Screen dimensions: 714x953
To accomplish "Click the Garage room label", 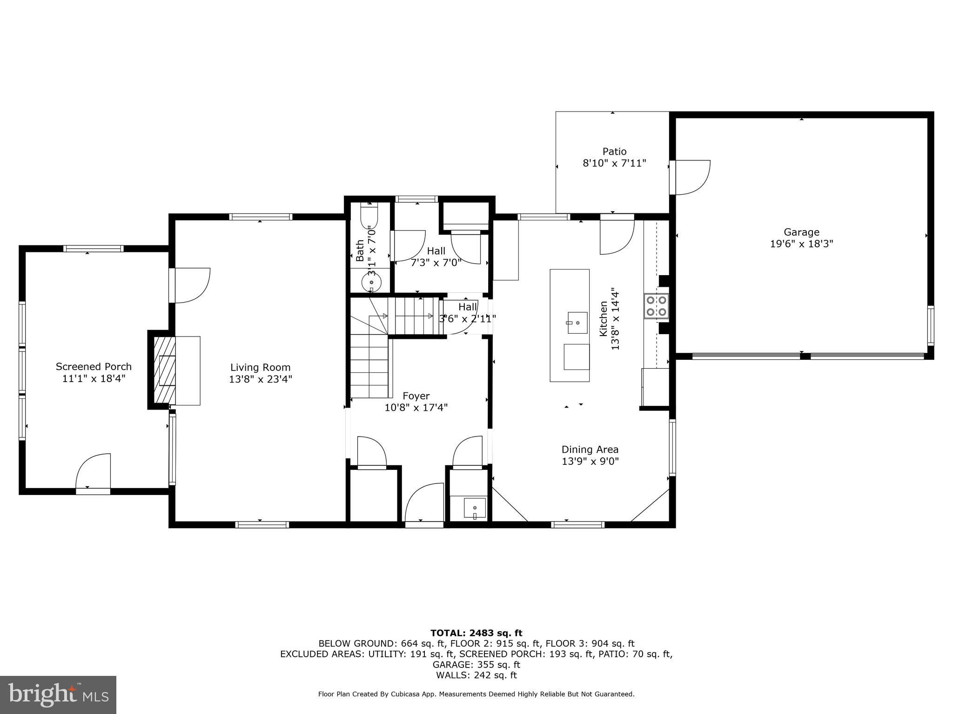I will (801, 232).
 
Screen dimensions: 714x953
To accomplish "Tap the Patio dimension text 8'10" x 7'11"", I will (614, 164).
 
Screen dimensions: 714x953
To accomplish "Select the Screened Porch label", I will (94, 367).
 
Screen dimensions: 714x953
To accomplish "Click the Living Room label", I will (260, 367).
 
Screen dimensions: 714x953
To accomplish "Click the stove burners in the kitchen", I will (656, 306).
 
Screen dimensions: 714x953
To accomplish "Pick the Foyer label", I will (416, 396).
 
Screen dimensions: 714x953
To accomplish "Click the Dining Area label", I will (590, 450).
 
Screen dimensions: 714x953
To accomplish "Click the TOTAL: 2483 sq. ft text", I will (476, 633).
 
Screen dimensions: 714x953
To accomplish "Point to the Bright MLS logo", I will (58, 694).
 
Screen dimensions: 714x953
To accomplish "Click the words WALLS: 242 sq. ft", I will (476, 675).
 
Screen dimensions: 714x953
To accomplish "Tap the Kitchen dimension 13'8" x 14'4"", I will (615, 318).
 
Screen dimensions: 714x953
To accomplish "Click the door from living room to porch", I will (191, 285).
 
